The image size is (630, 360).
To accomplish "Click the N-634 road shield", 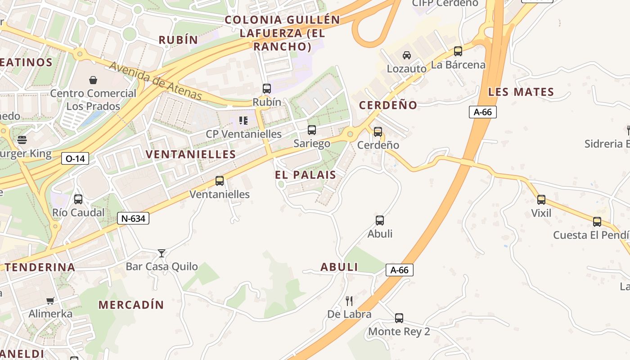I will tap(133, 219).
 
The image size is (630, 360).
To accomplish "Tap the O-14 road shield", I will tap(75, 158).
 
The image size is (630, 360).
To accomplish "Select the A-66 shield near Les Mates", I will tap(482, 112).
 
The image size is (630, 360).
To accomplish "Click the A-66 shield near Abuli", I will tap(399, 270).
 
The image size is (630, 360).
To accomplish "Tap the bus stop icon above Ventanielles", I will tap(220, 181).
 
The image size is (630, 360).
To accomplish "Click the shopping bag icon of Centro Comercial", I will tap(93, 80).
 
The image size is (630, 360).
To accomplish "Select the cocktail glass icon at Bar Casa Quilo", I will tap(162, 253).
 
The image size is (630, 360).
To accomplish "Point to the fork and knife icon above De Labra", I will tap(349, 301).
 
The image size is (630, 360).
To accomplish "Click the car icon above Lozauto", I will tap(407, 55).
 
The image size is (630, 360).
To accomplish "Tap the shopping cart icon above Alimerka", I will tap(50, 301).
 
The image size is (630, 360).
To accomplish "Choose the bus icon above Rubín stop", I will tap(267, 89).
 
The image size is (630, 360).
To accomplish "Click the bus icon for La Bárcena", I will tap(458, 51).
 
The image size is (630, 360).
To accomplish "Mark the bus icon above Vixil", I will tap(541, 200).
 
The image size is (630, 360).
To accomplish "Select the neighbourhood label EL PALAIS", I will tap(306, 175).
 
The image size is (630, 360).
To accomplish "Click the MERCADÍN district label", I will tap(131, 305).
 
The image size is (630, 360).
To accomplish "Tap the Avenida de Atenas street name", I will tap(156, 81).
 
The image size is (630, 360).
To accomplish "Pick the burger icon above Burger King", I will tap(22, 140).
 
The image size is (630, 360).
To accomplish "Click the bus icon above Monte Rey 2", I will tap(399, 318).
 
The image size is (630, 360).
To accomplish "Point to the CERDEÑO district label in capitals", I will tap(388, 105).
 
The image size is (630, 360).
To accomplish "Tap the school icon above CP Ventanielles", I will tap(243, 121).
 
